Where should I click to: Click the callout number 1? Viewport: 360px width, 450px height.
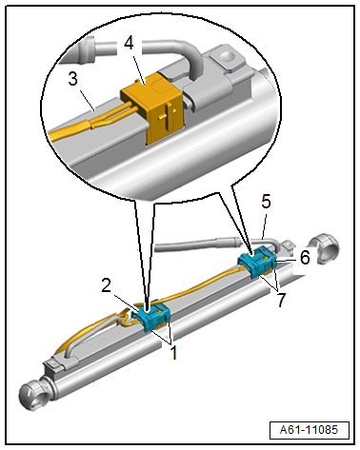[x=173, y=353]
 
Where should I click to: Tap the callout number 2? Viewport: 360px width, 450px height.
[x=107, y=285]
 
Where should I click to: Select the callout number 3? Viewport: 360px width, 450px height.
[x=72, y=78]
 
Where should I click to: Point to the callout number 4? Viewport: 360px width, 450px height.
[x=129, y=43]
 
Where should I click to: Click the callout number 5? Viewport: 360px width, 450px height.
[x=266, y=202]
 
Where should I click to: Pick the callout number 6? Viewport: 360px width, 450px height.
[x=305, y=257]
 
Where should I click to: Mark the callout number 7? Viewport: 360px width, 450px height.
[x=281, y=300]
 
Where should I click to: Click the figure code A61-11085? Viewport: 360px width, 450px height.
[x=309, y=430]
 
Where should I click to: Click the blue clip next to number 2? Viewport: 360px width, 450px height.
[x=151, y=315]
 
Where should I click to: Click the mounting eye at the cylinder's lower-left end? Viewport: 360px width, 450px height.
[x=34, y=397]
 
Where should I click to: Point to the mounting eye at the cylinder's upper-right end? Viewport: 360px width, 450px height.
[x=324, y=249]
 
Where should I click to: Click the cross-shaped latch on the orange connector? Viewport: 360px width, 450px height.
[x=167, y=115]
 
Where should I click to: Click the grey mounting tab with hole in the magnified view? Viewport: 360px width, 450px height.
[x=226, y=59]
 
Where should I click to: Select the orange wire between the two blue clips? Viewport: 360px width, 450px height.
[x=198, y=285]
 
